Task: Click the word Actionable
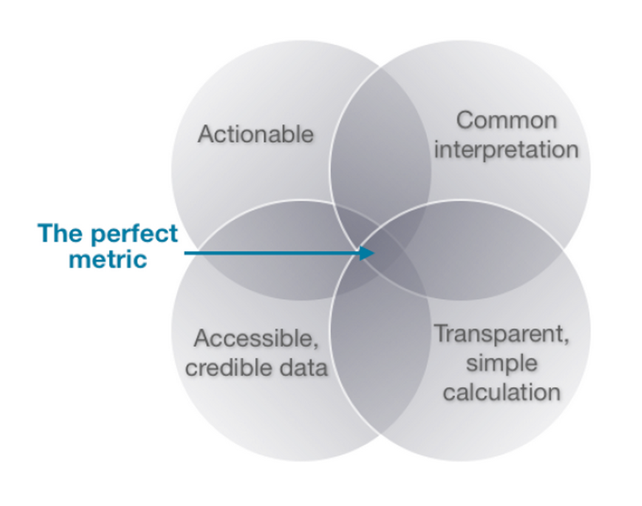click(256, 134)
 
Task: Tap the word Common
click(507, 120)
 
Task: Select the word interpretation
click(507, 150)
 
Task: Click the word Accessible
click(254, 338)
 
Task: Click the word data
click(304, 368)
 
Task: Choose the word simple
click(502, 364)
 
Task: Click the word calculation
click(502, 392)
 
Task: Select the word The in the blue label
click(59, 233)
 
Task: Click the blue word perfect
click(134, 234)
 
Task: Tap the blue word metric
click(108, 260)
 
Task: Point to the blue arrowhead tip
click(375, 253)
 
